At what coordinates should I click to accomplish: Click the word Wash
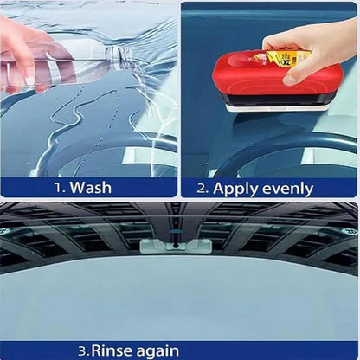click(91, 187)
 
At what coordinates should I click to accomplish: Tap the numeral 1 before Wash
click(58, 188)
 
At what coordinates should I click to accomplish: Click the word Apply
click(235, 190)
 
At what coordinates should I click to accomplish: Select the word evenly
click(288, 190)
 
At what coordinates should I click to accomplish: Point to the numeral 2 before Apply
click(202, 189)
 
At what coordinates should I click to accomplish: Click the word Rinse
click(112, 351)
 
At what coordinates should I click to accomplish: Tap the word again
click(157, 351)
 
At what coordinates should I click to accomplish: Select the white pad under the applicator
click(277, 107)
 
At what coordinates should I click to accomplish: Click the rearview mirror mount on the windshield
click(176, 246)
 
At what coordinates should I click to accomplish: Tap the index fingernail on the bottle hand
click(29, 81)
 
